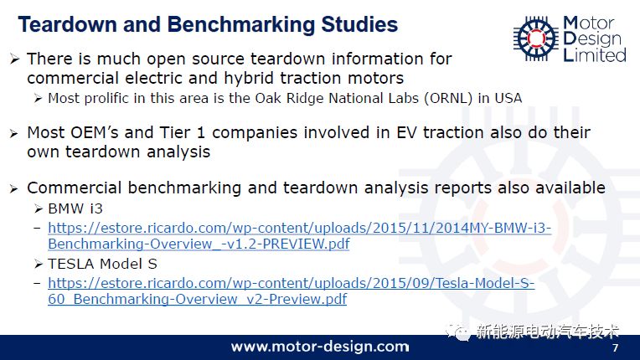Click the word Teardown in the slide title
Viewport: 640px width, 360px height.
pyautogui.click(x=67, y=24)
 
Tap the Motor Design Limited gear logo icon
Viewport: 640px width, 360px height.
pyautogui.click(x=536, y=39)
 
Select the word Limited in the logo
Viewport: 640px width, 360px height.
pyautogui.click(x=594, y=55)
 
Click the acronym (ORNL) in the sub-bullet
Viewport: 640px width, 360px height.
pyautogui.click(x=448, y=99)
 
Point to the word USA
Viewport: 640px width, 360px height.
pyautogui.click(x=508, y=98)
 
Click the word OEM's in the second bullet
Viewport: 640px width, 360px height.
pyautogui.click(x=95, y=132)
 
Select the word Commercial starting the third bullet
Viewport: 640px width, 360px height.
pyautogui.click(x=75, y=188)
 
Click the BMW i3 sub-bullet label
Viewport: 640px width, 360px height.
pyautogui.click(x=75, y=208)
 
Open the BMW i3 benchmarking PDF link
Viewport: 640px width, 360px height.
pyautogui.click(x=299, y=235)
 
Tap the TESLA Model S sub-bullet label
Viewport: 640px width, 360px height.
pyautogui.click(x=102, y=264)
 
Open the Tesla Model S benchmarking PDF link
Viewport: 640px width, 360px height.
pyautogui.click(x=291, y=291)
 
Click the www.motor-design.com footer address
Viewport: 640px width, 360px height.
pyautogui.click(x=320, y=347)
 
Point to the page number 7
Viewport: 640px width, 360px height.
pyautogui.click(x=615, y=347)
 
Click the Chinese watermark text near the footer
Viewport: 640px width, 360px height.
pyautogui.click(x=548, y=332)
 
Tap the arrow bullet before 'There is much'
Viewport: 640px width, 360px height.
pyautogui.click(x=15, y=59)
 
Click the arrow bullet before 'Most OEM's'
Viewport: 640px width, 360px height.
pyautogui.click(x=14, y=133)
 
